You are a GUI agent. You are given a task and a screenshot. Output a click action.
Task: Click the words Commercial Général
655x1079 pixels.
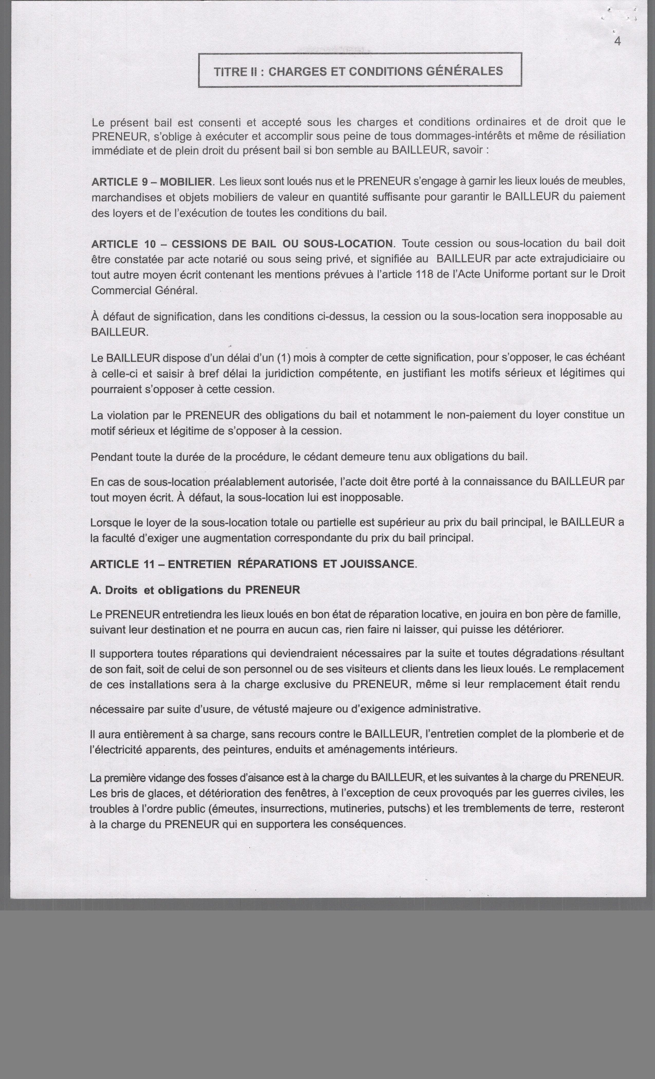click(x=144, y=290)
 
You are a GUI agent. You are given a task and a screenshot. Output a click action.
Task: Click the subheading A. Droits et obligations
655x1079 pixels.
click(x=195, y=590)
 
